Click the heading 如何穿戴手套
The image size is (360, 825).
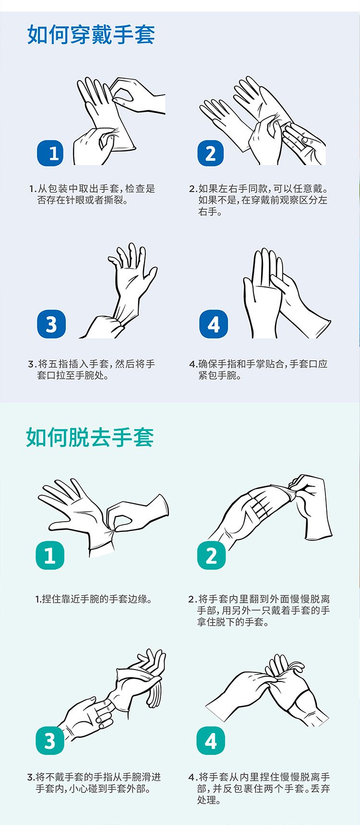click(x=91, y=35)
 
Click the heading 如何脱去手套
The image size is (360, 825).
click(x=90, y=437)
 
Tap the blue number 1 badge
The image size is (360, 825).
click(x=50, y=153)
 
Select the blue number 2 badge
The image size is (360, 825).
click(x=211, y=153)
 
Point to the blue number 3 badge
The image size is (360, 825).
click(x=50, y=324)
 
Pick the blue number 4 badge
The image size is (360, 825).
click(x=214, y=324)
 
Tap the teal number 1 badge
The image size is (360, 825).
click(x=50, y=555)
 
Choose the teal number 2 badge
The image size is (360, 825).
click(x=211, y=555)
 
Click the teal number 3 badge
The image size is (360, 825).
click(x=50, y=741)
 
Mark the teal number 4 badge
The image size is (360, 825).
click(x=211, y=741)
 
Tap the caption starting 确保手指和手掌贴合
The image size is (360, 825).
click(x=259, y=370)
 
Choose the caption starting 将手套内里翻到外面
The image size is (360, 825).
click(x=259, y=610)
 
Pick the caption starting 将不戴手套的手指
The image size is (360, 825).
click(x=94, y=783)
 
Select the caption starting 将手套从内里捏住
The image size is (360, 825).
click(x=259, y=789)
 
